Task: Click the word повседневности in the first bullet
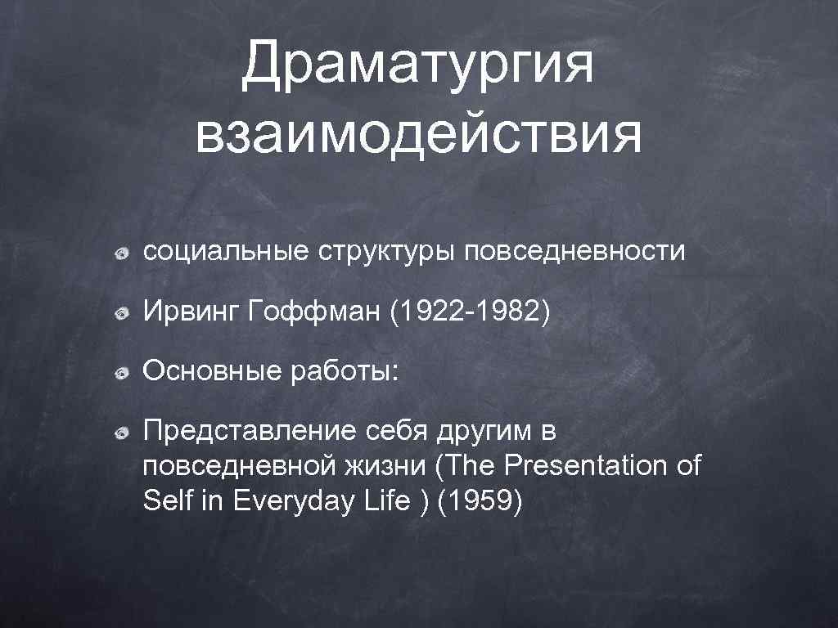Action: click(x=574, y=251)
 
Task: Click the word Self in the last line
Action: click(x=166, y=501)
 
